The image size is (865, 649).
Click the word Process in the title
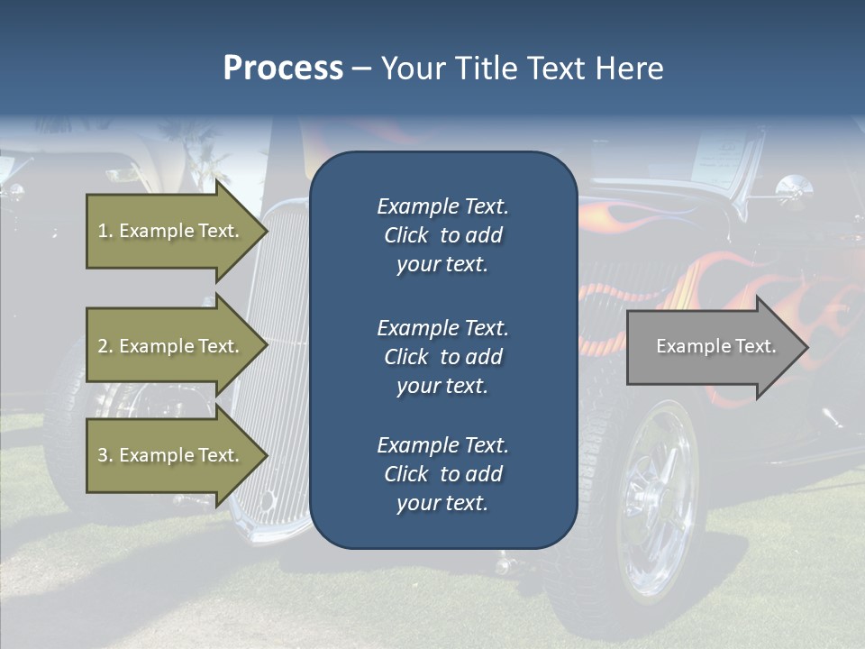tap(283, 69)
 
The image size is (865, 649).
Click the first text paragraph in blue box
tap(442, 235)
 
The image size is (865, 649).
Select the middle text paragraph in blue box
tap(442, 356)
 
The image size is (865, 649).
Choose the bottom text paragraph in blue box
tap(442, 474)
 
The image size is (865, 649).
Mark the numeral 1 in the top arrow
tap(103, 231)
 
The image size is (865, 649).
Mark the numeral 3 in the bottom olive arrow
tap(103, 455)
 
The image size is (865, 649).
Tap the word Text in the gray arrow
tap(756, 346)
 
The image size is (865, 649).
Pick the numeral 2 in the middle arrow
tap(103, 346)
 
